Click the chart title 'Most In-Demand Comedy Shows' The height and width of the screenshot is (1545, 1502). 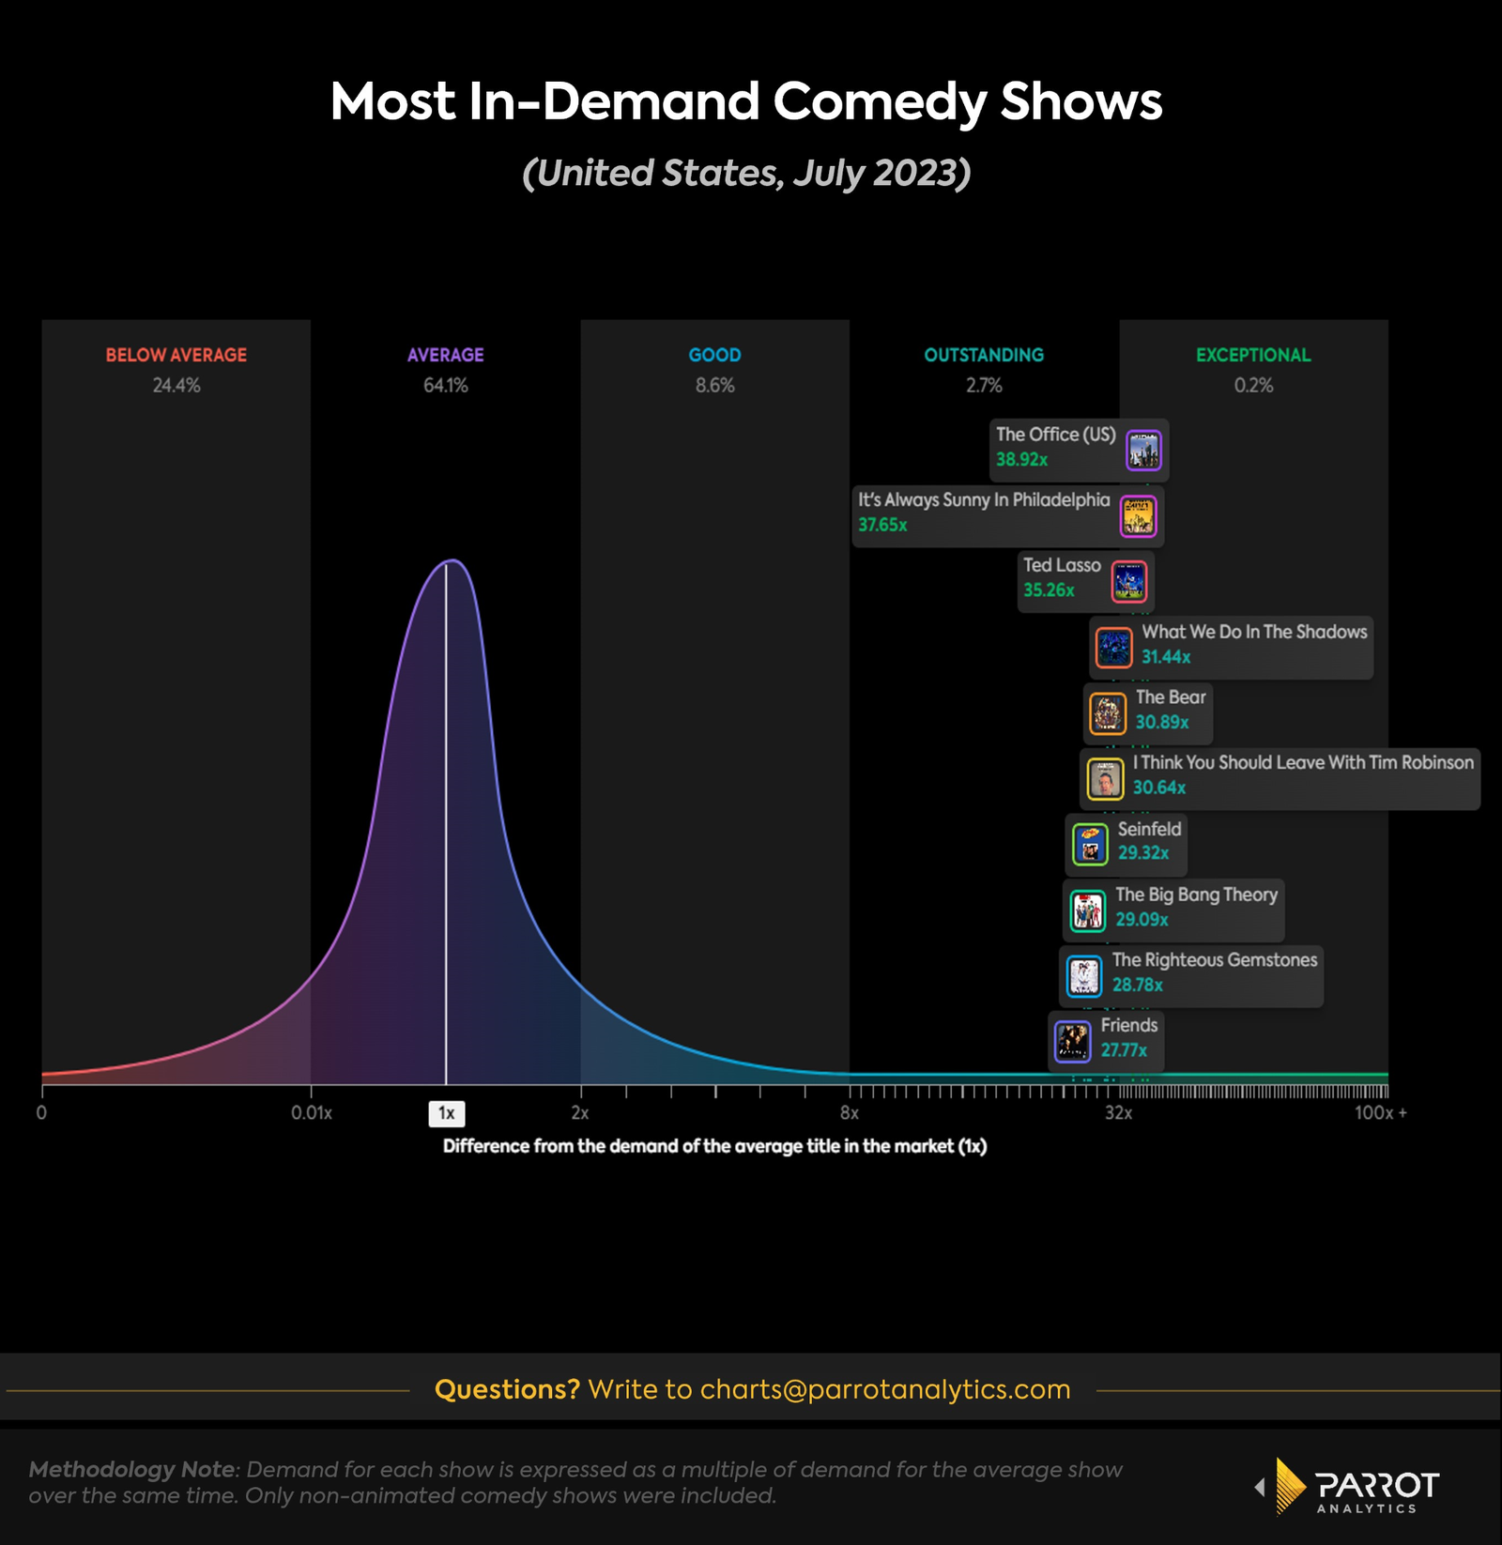746,101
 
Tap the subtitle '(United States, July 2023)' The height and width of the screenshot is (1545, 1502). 746,174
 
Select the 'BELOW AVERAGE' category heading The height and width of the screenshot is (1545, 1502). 176,355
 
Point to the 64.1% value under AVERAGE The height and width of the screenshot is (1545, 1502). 445,385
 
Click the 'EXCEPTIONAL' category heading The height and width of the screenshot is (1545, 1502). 1253,355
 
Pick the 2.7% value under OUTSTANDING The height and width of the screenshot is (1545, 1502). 984,385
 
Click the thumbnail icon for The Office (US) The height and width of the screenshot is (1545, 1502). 1143,451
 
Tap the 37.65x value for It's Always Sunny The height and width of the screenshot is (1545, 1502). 882,525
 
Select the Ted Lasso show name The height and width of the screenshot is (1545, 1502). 1062,565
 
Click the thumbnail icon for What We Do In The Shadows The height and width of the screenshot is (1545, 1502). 1114,647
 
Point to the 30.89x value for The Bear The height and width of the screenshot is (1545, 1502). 1162,722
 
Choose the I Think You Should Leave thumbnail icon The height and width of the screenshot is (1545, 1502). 1105,779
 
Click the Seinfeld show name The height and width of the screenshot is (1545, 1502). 1149,829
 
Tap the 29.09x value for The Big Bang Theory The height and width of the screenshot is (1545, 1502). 1142,920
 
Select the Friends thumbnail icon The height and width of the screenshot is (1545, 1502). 1072,1041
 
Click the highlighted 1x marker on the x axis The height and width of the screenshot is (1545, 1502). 447,1113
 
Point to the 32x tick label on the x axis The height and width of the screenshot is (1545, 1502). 1118,1113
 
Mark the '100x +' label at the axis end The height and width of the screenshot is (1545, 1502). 1380,1113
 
